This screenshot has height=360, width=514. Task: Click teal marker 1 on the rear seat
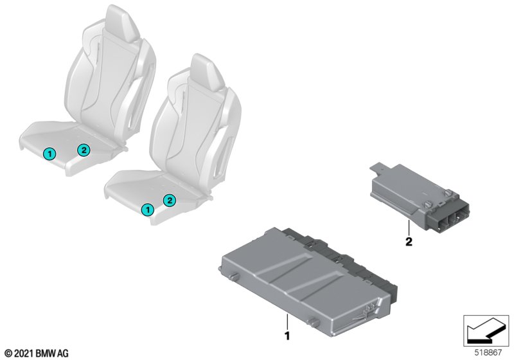(49, 154)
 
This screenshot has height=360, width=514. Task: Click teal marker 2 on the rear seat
(84, 150)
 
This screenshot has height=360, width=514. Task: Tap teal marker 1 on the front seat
(148, 210)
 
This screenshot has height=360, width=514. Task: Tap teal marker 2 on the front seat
(170, 200)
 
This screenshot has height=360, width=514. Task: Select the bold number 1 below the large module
(287, 336)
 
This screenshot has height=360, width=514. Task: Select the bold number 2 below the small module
(409, 242)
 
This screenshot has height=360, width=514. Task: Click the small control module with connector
(420, 197)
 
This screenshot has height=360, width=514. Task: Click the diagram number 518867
(488, 353)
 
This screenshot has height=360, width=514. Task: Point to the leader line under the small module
(409, 228)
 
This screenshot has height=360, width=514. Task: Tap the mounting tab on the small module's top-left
(378, 168)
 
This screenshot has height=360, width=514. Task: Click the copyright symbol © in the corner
(9, 354)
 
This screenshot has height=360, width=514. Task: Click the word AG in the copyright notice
(64, 354)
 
